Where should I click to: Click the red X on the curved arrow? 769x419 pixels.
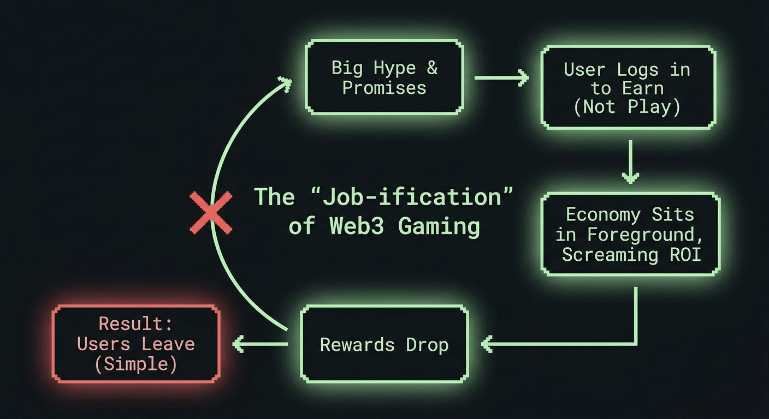pyautogui.click(x=211, y=213)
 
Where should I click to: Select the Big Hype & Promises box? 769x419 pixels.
pyautogui.click(x=384, y=77)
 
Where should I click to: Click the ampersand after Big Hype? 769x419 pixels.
pyautogui.click(x=431, y=68)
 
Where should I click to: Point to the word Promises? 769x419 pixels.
pyautogui.click(x=384, y=87)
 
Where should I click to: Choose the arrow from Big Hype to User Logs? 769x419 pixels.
pyautogui.click(x=501, y=77)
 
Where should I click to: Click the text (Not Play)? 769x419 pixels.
pyautogui.click(x=627, y=106)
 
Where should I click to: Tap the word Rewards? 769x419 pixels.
pyautogui.click(x=357, y=345)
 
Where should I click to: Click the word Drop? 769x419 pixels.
pyautogui.click(x=427, y=345)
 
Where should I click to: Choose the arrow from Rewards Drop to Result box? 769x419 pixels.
pyautogui.click(x=260, y=344)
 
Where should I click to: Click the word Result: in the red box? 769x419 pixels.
pyautogui.click(x=135, y=324)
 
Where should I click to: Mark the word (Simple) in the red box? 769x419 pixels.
pyautogui.click(x=135, y=364)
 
